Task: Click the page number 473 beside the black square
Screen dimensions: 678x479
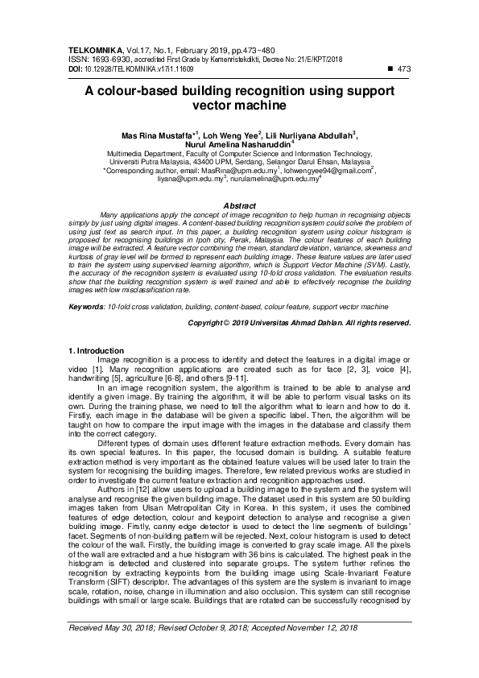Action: [404, 68]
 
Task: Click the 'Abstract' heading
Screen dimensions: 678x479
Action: [239, 206]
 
